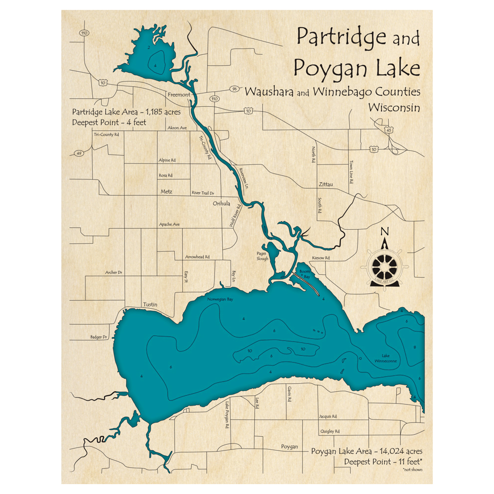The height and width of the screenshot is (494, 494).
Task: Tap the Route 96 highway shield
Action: point(234,89)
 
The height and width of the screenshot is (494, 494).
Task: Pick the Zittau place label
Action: point(325,184)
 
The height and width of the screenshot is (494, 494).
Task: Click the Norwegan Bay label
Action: point(220,299)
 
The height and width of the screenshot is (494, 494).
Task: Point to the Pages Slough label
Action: point(262,256)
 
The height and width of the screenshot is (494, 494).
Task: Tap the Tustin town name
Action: point(150,304)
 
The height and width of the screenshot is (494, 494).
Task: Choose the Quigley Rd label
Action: point(330,431)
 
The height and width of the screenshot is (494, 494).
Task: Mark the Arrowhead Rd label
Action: point(197,257)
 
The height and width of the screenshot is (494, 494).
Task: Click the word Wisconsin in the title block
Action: point(394,107)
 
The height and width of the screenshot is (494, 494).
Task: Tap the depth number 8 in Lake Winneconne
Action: point(414,347)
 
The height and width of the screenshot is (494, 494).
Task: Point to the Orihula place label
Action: point(221,203)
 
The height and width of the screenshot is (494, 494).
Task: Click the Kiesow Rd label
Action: point(321,258)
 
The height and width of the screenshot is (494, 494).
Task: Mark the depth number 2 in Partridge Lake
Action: point(149,47)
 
